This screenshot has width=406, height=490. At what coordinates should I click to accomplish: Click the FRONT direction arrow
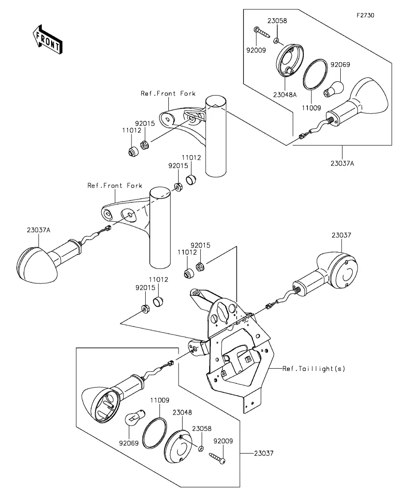(x=48, y=40)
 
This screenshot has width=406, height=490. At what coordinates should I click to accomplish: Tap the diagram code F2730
(x=366, y=15)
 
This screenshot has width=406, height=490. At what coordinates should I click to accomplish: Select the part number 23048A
(x=285, y=95)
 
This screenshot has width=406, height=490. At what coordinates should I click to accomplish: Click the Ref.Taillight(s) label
(x=314, y=369)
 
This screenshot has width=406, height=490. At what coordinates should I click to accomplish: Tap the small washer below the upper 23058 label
(x=277, y=40)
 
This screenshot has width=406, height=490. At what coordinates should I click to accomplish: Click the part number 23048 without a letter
(x=182, y=413)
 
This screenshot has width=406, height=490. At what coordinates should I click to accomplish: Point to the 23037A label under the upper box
(x=342, y=163)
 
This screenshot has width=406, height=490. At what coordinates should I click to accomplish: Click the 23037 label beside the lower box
(x=263, y=453)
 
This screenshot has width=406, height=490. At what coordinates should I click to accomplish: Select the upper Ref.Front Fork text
(x=168, y=93)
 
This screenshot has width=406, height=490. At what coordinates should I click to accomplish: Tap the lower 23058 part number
(x=202, y=428)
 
